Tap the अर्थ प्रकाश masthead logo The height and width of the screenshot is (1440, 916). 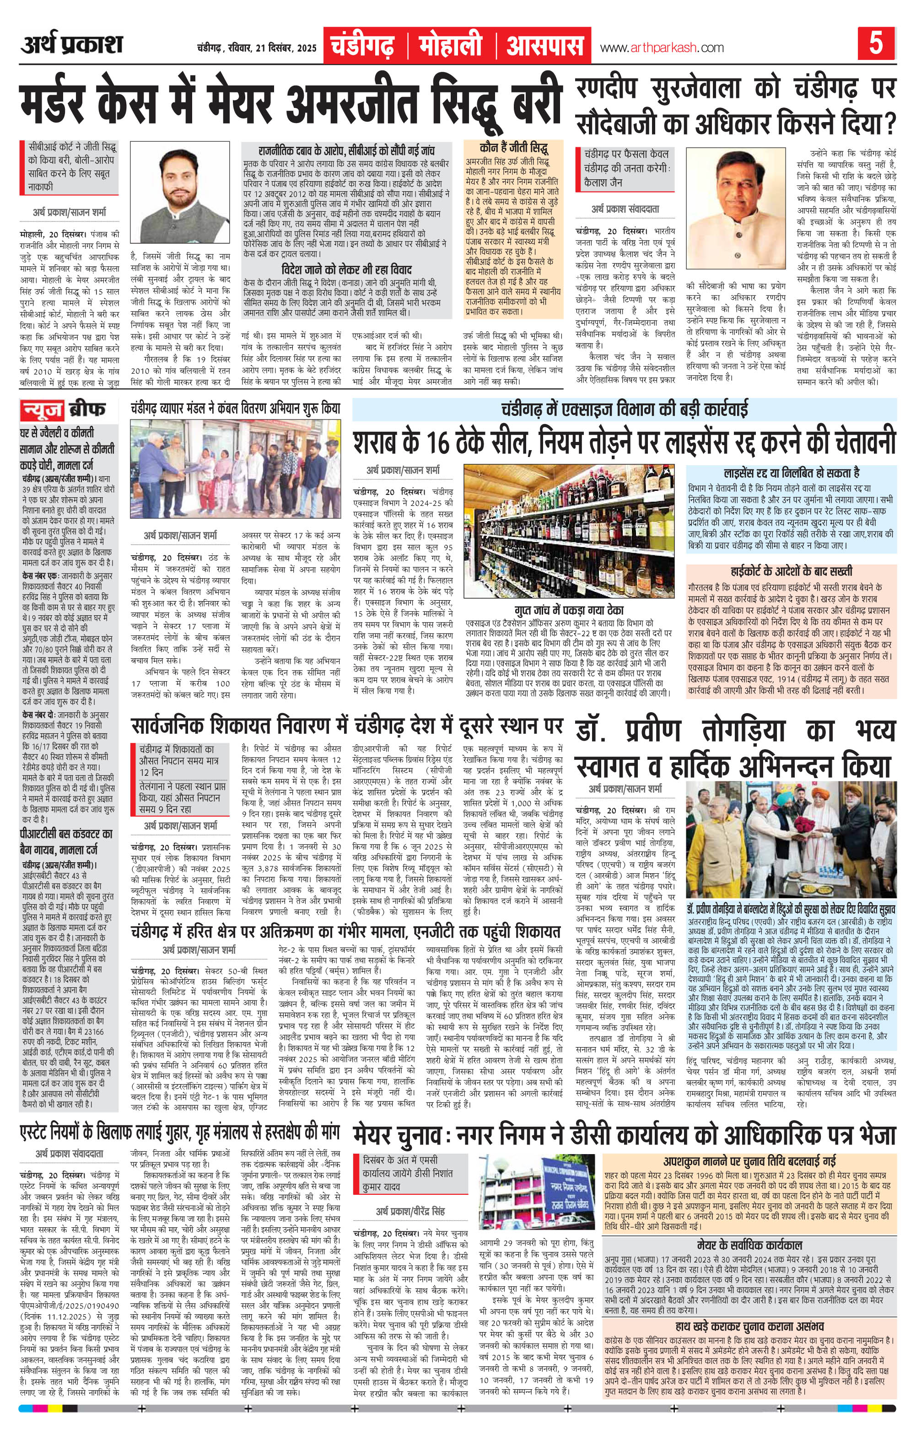(x=72, y=45)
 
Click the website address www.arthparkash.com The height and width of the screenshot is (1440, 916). (x=661, y=48)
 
